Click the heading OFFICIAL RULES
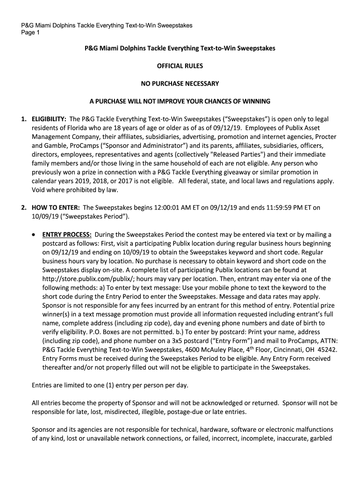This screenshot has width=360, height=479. click(180, 66)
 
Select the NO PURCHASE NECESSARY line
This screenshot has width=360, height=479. click(180, 84)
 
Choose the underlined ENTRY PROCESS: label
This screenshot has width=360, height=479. click(67, 235)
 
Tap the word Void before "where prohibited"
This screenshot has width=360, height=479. click(39, 190)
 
